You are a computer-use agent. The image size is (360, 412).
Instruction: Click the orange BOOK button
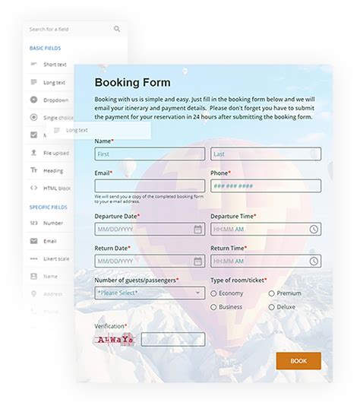click(x=298, y=360)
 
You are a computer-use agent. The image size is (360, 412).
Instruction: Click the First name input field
click(x=149, y=154)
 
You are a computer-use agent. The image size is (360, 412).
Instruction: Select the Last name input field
click(x=265, y=154)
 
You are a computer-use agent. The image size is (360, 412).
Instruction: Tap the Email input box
click(x=149, y=185)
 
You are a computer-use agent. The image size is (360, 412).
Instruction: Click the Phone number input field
click(x=265, y=185)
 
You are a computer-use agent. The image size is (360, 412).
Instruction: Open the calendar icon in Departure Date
click(x=197, y=229)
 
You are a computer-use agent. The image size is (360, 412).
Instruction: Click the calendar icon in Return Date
click(x=197, y=261)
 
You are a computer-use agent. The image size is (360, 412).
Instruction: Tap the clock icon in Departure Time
click(x=314, y=229)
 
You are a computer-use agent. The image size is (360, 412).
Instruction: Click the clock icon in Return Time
click(x=314, y=261)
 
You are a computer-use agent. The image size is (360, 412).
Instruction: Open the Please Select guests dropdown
click(x=149, y=293)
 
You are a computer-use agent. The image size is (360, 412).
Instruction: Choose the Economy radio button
click(x=214, y=293)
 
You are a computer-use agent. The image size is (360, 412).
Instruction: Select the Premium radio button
click(x=271, y=293)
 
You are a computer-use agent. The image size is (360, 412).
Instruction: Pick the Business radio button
click(x=214, y=307)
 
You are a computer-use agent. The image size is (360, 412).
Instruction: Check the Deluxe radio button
click(x=271, y=307)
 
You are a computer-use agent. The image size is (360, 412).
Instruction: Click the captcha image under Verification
click(x=115, y=339)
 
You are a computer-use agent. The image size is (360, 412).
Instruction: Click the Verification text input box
click(x=172, y=339)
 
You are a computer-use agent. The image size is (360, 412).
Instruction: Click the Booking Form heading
click(x=132, y=82)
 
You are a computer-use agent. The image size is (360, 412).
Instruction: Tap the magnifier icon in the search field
click(x=117, y=30)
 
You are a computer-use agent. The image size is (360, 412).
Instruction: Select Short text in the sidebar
click(x=55, y=65)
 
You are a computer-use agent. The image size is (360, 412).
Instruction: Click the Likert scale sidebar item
click(x=57, y=258)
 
